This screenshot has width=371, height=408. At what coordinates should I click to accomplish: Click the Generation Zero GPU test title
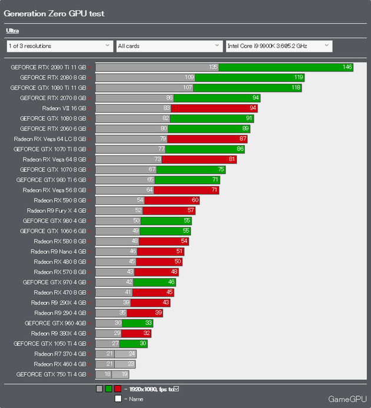pyautogui.click(x=54, y=14)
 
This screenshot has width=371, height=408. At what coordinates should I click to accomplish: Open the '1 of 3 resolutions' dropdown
pyautogui.click(x=60, y=46)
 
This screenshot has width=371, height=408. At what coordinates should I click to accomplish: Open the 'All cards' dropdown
pyautogui.click(x=170, y=46)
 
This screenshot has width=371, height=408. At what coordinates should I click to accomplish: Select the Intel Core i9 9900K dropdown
pyautogui.click(x=279, y=46)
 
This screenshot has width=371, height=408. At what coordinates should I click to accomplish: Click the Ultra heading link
pyautogui.click(x=12, y=31)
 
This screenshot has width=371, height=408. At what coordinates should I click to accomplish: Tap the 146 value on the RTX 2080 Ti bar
pyautogui.click(x=347, y=67)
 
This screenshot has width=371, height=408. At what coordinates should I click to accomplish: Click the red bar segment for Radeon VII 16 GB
pyautogui.click(x=214, y=108)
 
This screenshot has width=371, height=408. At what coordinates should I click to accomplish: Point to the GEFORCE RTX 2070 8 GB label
pyautogui.click(x=53, y=98)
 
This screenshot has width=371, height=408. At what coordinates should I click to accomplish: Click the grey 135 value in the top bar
pyautogui.click(x=213, y=67)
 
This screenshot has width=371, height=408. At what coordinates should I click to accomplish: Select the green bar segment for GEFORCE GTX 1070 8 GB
pyautogui.click(x=191, y=170)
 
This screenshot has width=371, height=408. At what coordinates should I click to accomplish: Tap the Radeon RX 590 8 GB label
pyautogui.click(x=60, y=200)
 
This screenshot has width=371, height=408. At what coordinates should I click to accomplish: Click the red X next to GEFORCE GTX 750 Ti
pyautogui.click(x=90, y=374)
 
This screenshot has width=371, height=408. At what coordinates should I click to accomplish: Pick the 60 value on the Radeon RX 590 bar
pyautogui.click(x=195, y=200)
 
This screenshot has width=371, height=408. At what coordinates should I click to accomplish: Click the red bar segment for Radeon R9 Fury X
pyautogui.click(x=169, y=210)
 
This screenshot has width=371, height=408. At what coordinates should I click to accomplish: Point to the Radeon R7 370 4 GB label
pyautogui.click(x=60, y=354)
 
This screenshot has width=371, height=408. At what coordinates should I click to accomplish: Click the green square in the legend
pyautogui.click(x=108, y=389)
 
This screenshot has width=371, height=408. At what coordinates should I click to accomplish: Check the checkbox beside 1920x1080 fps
pyautogui.click(x=177, y=389)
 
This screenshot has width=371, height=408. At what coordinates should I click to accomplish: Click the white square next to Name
pyautogui.click(x=118, y=399)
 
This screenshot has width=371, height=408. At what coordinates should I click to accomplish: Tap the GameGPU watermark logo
pyautogui.click(x=347, y=399)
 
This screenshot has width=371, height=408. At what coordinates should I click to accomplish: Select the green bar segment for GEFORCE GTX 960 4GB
pyautogui.click(x=138, y=323)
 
